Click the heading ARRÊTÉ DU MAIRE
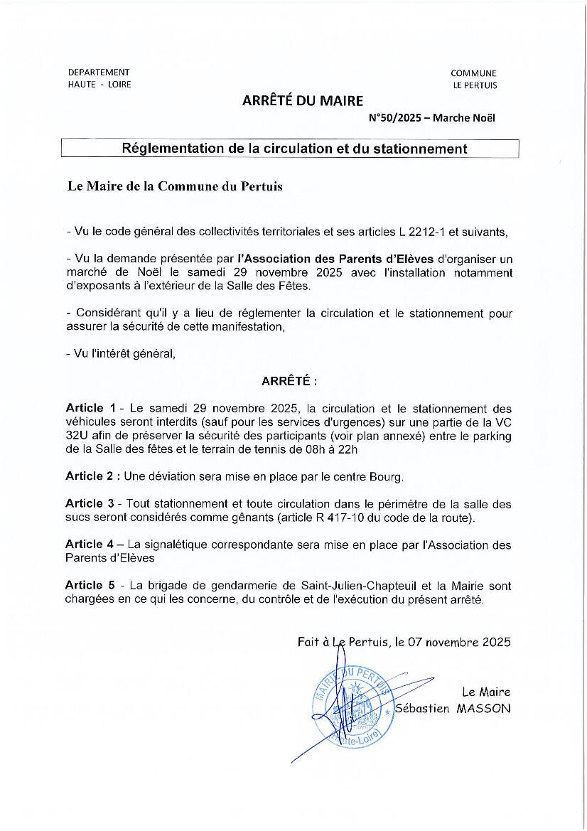[x=302, y=101]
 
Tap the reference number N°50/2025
[x=395, y=119]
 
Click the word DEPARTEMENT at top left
[x=99, y=72]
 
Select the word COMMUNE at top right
[x=473, y=73]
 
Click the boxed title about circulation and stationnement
[x=294, y=149]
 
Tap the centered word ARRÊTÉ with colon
[x=289, y=382]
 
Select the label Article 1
[x=90, y=409]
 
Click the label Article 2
[x=90, y=476]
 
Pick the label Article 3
[x=90, y=504]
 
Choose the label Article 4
[x=90, y=545]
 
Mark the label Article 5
[x=90, y=586]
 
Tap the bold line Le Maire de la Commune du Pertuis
[x=174, y=187]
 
